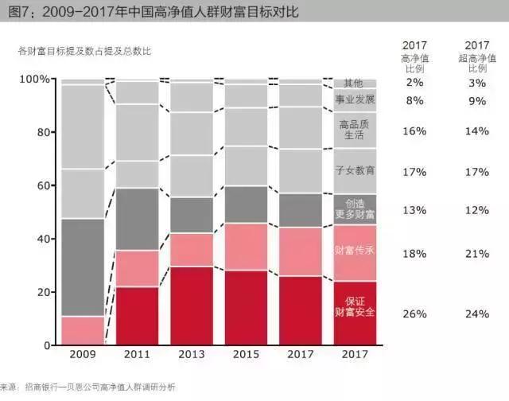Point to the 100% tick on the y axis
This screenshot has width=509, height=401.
pos(33,80)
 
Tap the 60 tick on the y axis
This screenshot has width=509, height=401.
pos(42,185)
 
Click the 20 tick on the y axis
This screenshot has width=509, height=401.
pos(42,292)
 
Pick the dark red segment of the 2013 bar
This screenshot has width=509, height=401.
pos(191,306)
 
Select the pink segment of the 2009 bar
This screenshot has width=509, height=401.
pos(83,330)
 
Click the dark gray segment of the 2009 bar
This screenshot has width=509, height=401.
pos(83,267)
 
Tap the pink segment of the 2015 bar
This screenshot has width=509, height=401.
pos(246,247)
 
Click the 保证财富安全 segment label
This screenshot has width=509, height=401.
pos(354,307)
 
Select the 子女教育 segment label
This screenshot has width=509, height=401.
pos(354,171)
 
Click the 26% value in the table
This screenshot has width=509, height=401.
pos(414,313)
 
